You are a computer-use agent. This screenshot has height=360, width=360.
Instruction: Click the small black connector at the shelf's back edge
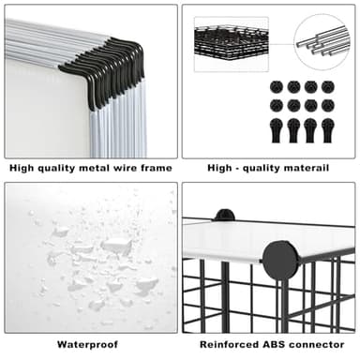pyautogui.click(x=223, y=216)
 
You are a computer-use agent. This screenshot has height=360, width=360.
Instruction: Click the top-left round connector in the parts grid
pyautogui.click(x=277, y=86)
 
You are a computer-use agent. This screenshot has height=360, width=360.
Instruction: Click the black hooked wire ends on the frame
pyautogui.click(x=105, y=66)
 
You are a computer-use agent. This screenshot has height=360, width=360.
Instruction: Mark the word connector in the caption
pyautogui.click(x=322, y=344)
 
